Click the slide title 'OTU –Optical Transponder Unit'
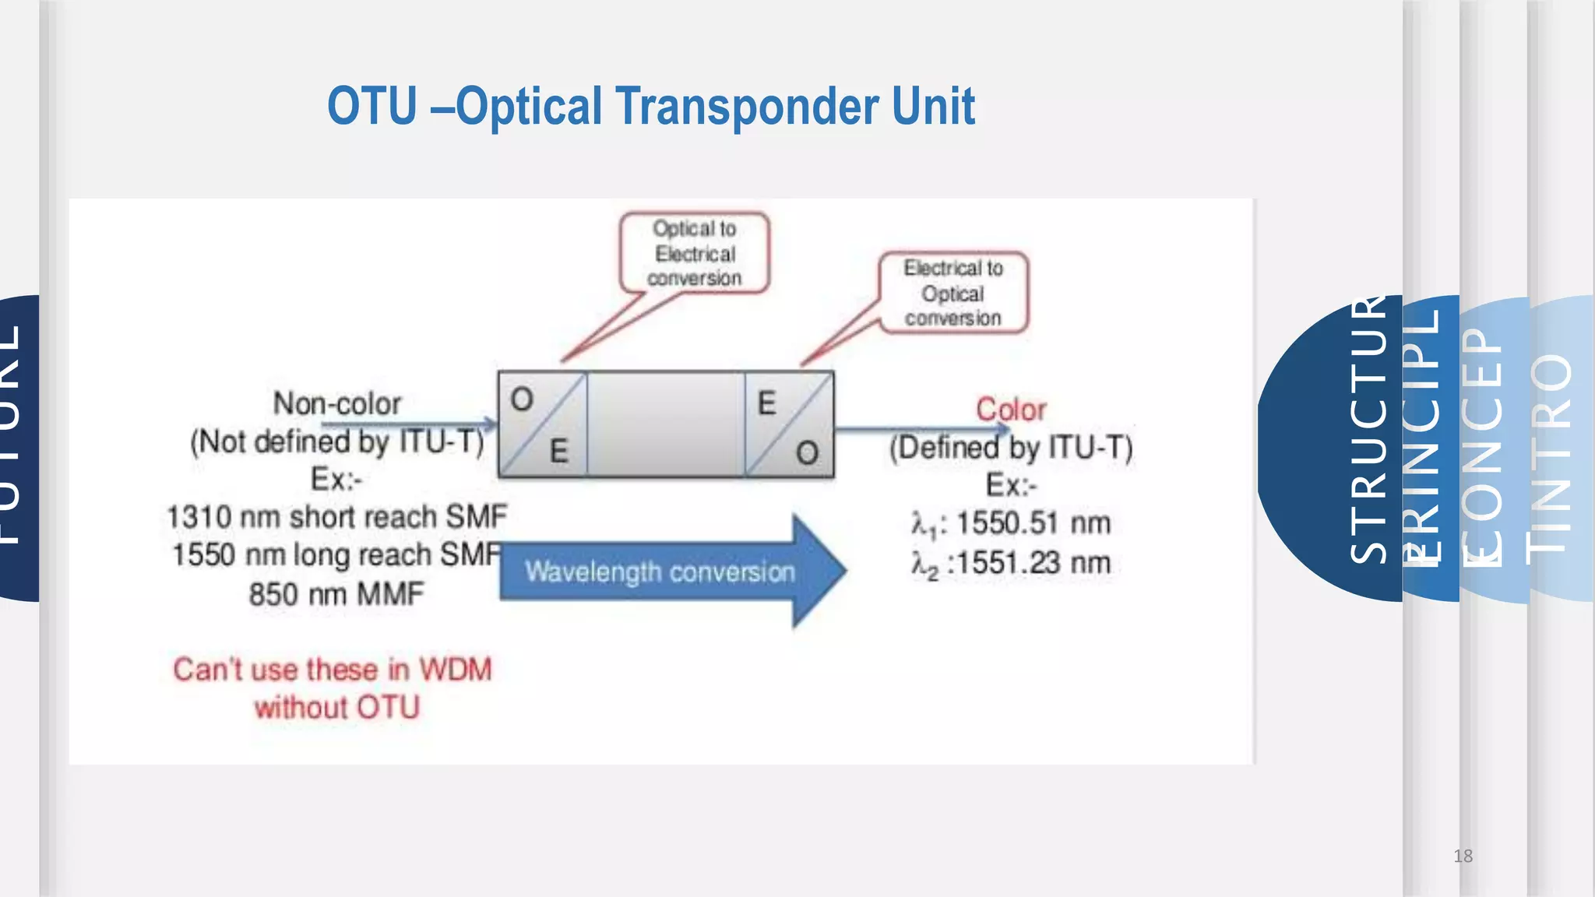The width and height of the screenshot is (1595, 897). pos(650,107)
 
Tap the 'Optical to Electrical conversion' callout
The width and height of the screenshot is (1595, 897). pos(694,253)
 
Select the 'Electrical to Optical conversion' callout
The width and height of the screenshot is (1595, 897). pos(953,293)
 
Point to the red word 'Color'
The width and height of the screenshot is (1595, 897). pos(1011,410)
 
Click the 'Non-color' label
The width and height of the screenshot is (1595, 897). pos(336,403)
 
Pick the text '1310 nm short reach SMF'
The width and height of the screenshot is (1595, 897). pos(336,517)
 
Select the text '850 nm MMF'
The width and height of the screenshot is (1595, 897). pos(336,594)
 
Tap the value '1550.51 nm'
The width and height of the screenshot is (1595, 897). pos(1033,523)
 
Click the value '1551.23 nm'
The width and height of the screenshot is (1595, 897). pos(1033,562)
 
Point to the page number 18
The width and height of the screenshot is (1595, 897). pos(1463,857)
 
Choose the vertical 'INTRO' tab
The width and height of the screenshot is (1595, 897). pos(1550,452)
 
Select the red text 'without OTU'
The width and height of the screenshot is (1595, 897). pos(336,708)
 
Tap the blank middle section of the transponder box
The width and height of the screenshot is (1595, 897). pos(666,424)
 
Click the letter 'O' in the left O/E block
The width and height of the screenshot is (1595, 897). pos(522,400)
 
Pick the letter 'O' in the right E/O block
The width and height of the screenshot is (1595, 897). pos(808,453)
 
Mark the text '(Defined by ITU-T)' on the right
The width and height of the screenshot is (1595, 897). pos(1011,448)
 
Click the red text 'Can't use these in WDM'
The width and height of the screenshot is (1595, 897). pos(333,670)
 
